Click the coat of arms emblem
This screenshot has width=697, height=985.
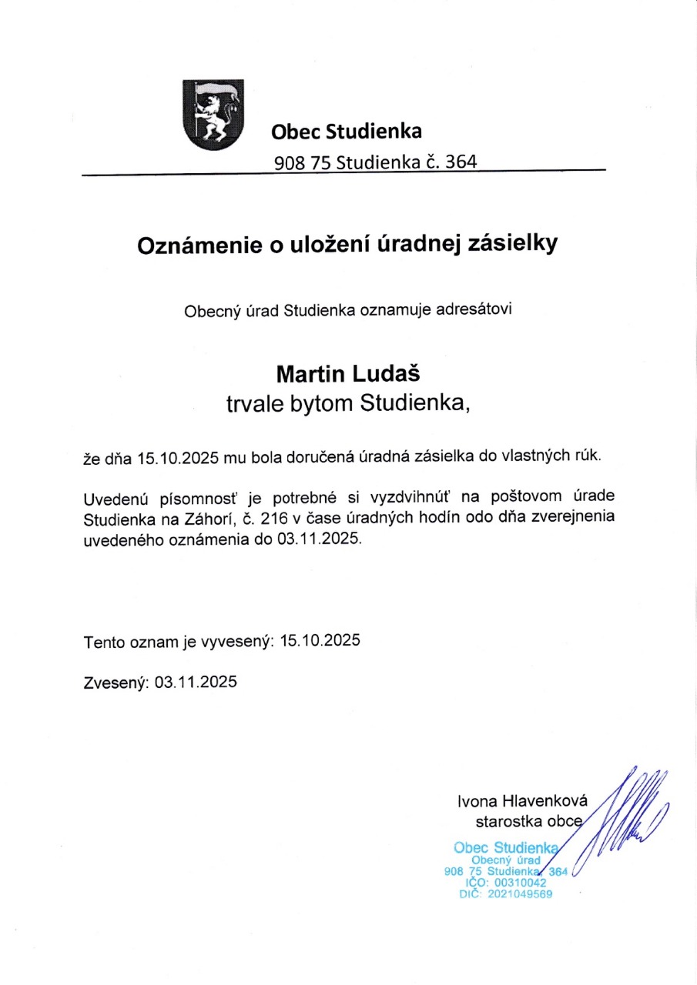213,114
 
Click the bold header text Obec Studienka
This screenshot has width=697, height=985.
346,132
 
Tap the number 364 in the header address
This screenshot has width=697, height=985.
461,162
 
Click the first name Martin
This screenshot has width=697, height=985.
309,375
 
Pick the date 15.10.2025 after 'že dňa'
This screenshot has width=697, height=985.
178,457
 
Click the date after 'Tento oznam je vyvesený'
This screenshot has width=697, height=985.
321,641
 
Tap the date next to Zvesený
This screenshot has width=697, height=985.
196,681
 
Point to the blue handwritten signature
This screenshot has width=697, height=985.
624,816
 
